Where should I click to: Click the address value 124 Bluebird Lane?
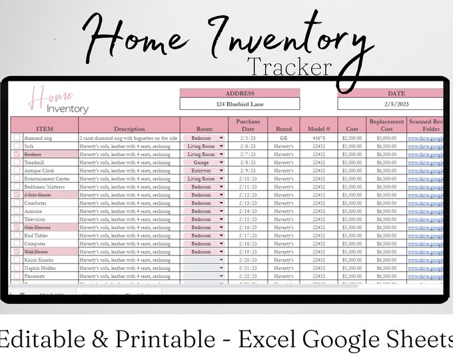tap(240, 104)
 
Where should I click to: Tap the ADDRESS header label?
tap(240, 94)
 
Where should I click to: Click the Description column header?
tap(129, 129)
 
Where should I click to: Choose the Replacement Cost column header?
tap(386, 125)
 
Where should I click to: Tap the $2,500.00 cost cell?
tap(351, 138)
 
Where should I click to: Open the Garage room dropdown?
tap(203, 162)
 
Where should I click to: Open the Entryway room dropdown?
tap(203, 170)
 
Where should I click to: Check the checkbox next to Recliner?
tap(17, 154)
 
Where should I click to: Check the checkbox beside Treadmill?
tap(17, 162)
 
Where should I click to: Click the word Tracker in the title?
tap(288, 67)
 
